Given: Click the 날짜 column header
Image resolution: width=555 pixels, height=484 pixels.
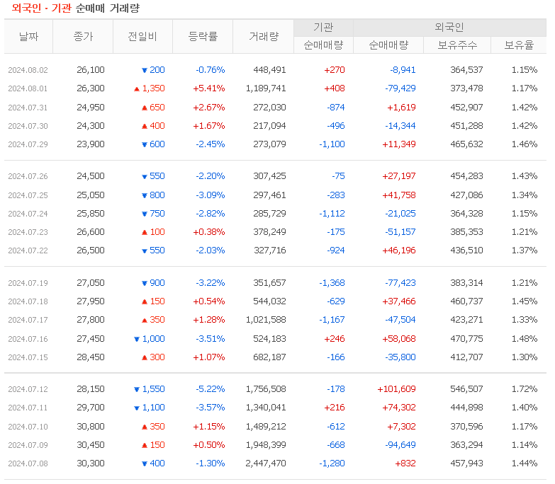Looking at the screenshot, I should click(x=28, y=37).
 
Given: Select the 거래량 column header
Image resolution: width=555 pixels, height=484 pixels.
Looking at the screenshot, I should click(x=264, y=37).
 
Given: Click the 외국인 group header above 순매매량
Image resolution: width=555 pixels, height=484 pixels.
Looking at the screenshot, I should click(x=449, y=28).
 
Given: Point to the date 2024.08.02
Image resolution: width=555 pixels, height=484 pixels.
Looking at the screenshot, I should click(x=28, y=70).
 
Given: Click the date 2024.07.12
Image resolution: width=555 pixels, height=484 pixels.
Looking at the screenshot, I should click(x=28, y=389).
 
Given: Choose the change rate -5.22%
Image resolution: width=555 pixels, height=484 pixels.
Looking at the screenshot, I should click(x=210, y=389).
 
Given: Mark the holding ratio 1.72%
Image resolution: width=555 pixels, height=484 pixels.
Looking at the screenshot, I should click(x=524, y=389).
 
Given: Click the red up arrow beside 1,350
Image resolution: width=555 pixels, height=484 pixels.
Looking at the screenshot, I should click(x=137, y=89).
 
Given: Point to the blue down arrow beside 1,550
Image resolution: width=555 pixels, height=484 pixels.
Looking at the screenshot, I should click(x=137, y=390).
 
